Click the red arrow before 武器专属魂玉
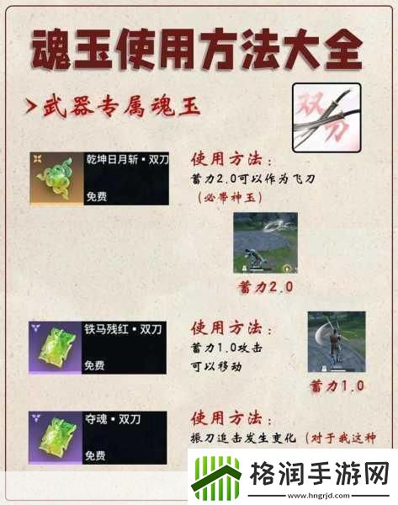tap(30, 108)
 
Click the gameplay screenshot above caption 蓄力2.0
tap(265, 242)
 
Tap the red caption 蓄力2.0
tap(265, 286)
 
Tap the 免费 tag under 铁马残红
tap(96, 366)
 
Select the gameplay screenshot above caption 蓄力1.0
tap(336, 342)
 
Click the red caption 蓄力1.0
tap(337, 385)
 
